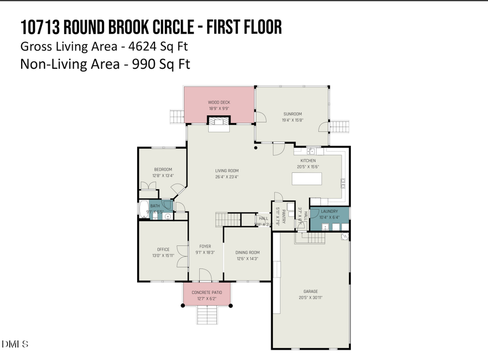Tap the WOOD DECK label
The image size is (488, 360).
click(x=219, y=102)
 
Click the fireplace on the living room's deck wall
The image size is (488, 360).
click(x=220, y=124)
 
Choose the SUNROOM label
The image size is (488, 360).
click(x=292, y=114)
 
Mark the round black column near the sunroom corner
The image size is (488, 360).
click(x=256, y=147)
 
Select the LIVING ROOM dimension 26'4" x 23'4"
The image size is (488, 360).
click(x=227, y=177)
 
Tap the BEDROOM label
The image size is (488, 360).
click(x=163, y=169)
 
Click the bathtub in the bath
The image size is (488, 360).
click(x=143, y=209)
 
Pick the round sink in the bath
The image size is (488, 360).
click(x=168, y=216)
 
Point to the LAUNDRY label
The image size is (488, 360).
click(x=329, y=211)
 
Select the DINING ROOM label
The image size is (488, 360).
click(x=247, y=252)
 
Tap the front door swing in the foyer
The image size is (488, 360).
click(x=206, y=277)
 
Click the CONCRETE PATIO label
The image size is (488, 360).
click(x=207, y=292)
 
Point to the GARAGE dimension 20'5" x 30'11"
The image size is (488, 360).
click(x=311, y=297)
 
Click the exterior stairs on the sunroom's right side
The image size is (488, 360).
click(x=340, y=127)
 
